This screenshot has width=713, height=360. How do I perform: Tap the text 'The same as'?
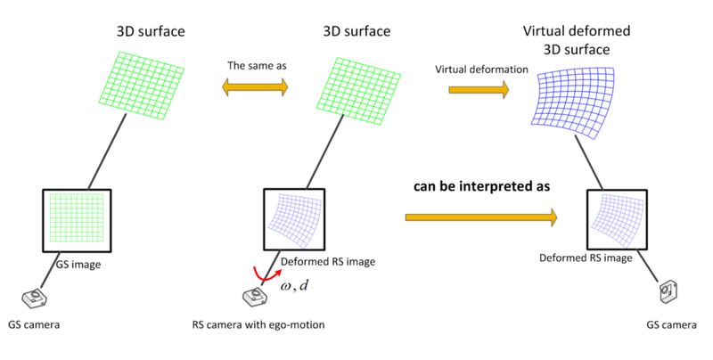click(x=257, y=65)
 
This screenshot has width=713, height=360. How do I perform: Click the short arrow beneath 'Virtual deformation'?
click(x=479, y=89)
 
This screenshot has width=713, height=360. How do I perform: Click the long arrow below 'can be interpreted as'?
click(x=480, y=217)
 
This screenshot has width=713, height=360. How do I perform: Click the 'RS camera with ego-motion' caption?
click(x=258, y=325)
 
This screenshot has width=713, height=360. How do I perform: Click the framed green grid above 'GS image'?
click(x=76, y=217)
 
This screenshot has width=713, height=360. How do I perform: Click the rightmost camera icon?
click(x=668, y=291)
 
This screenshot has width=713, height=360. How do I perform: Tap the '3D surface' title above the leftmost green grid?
click(x=151, y=32)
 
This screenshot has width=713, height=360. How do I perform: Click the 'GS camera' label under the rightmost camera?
click(x=671, y=325)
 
